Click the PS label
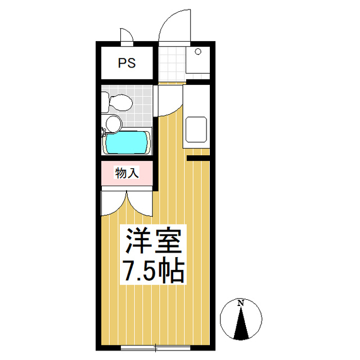click(127, 62)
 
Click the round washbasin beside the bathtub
click(113, 123)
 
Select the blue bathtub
click(128, 143)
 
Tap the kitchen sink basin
click(197, 130)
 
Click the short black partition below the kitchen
click(198, 158)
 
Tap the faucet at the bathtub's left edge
click(103, 133)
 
